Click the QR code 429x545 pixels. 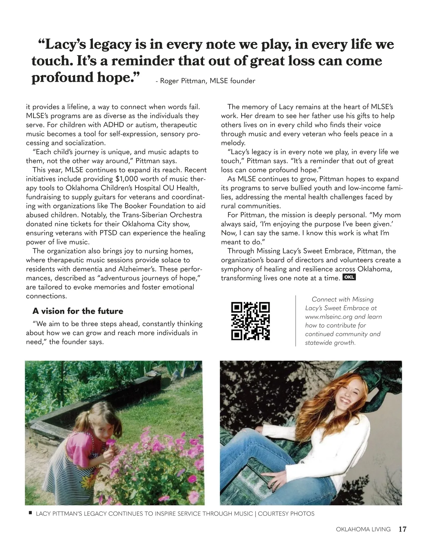[250, 321]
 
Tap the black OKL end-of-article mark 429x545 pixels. [349, 277]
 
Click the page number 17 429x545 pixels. [403, 529]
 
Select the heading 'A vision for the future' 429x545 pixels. [78, 311]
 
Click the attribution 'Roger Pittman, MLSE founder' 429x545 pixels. [207, 81]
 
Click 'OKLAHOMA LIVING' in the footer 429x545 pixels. [363, 529]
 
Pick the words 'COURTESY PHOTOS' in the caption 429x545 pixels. [286, 514]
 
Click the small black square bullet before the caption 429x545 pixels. [30, 513]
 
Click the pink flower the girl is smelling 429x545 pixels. [112, 442]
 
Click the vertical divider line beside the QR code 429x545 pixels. [296, 321]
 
